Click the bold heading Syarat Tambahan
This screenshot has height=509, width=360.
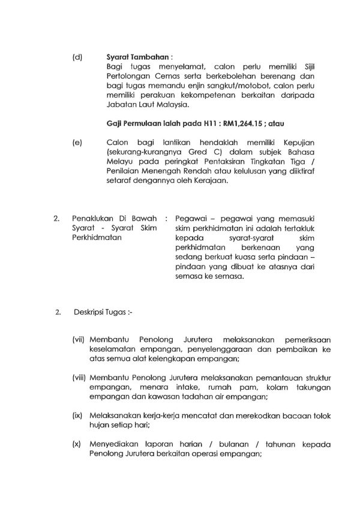tap(129, 58)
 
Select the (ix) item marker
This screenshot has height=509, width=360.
tap(77, 415)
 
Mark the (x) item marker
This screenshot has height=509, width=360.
tap(77, 444)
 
